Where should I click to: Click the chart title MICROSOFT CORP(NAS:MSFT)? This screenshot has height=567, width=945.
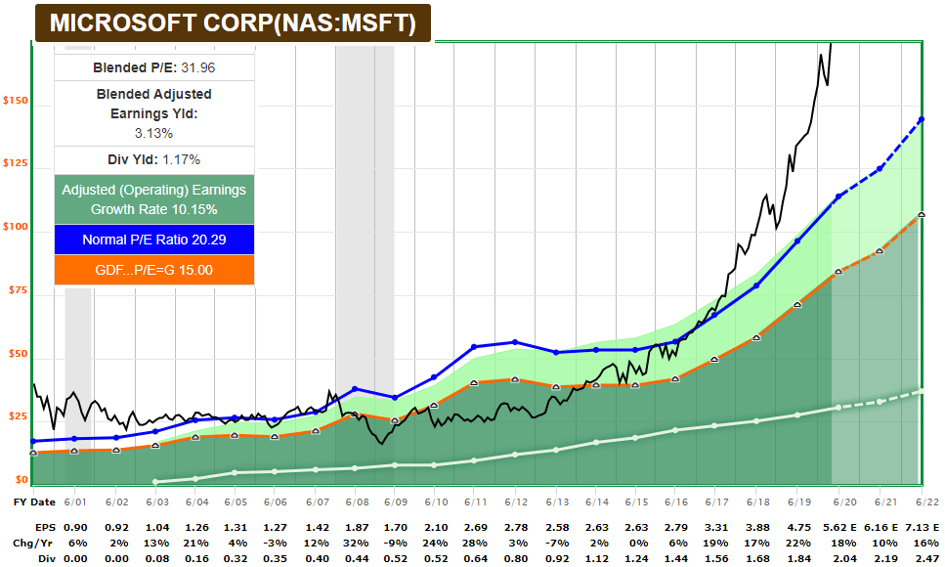pyautogui.click(x=232, y=23)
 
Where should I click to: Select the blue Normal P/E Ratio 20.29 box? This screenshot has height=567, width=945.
pyautogui.click(x=154, y=240)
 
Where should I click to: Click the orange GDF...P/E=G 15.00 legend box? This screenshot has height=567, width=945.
pyautogui.click(x=154, y=271)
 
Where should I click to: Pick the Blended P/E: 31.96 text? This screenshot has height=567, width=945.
pyautogui.click(x=154, y=67)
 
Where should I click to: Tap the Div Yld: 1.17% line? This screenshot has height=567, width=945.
pyautogui.click(x=154, y=159)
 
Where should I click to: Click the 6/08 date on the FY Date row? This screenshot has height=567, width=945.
pyautogui.click(x=355, y=502)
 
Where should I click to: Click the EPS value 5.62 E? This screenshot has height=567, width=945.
pyautogui.click(x=842, y=525)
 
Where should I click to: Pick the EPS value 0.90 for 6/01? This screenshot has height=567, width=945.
pyautogui.click(x=75, y=525)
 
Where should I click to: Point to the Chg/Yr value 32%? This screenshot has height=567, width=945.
pyautogui.click(x=355, y=542)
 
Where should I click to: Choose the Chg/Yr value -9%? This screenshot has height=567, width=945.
pyautogui.click(x=395, y=542)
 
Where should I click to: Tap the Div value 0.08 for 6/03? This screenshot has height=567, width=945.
pyautogui.click(x=155, y=558)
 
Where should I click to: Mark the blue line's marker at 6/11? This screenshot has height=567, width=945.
pyautogui.click(x=474, y=346)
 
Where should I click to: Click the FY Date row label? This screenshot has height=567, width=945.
pyautogui.click(x=34, y=502)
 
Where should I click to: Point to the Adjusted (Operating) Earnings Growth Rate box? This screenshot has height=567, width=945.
pyautogui.click(x=154, y=199)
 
